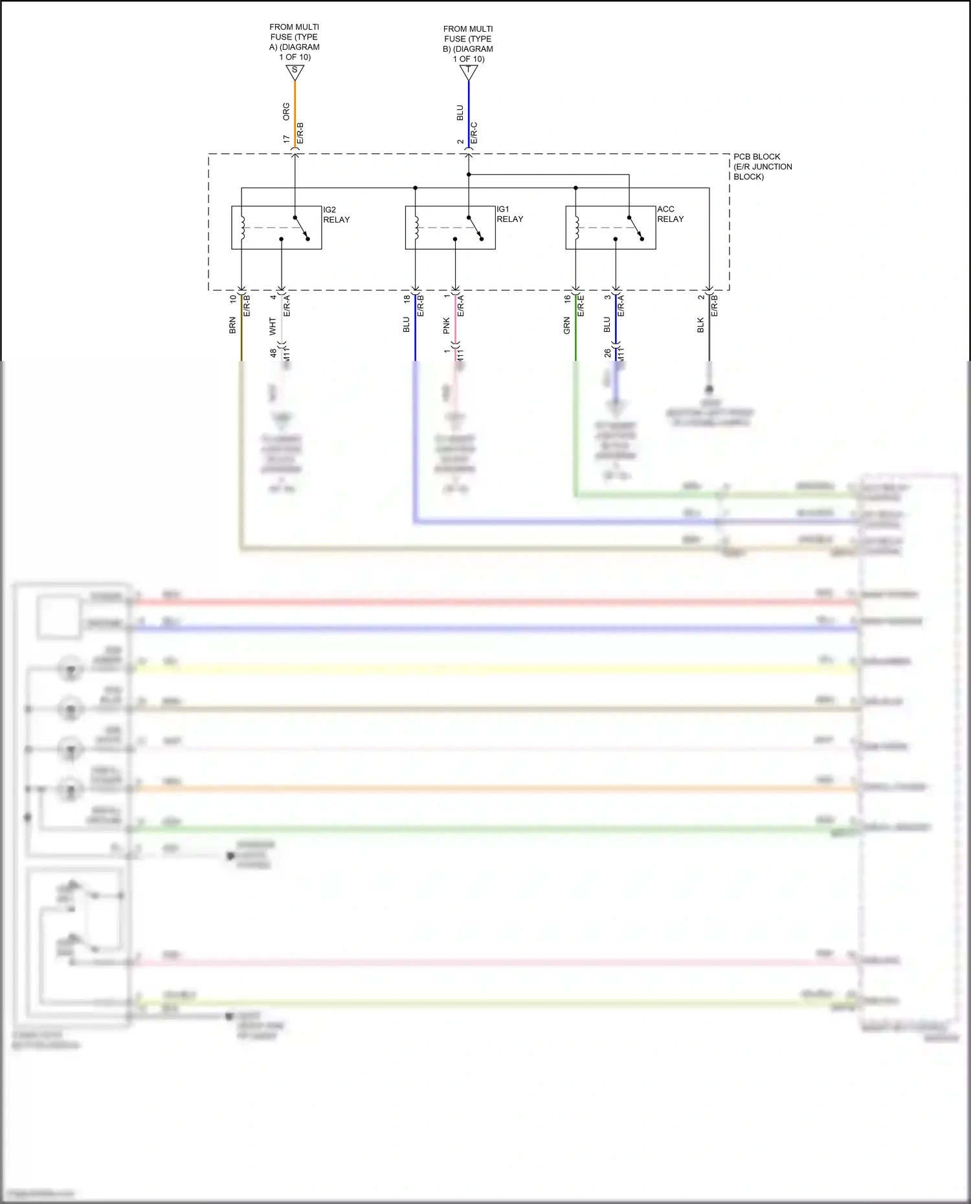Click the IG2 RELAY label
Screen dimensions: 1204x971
(336, 215)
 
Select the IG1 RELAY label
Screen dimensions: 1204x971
(509, 214)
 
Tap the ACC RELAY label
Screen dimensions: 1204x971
(670, 214)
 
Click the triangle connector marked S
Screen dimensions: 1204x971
(295, 72)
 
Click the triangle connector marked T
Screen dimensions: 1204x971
(469, 72)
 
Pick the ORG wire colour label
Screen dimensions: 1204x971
(286, 111)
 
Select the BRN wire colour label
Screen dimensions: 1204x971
(232, 325)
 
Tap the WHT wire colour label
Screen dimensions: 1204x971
(273, 325)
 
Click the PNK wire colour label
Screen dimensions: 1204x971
(447, 325)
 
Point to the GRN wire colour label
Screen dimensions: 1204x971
(567, 325)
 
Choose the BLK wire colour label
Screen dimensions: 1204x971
(700, 325)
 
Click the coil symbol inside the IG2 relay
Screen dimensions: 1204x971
(242, 227)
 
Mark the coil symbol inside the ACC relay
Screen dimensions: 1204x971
(576, 227)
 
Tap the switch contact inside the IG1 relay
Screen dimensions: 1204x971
(475, 227)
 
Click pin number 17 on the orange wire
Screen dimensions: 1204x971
(286, 139)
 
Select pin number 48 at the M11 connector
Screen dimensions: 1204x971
(273, 353)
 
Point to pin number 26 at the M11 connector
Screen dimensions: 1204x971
(607, 353)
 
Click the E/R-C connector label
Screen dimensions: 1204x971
(474, 133)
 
